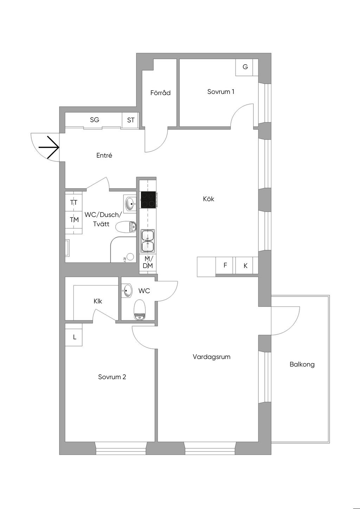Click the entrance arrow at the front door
49,147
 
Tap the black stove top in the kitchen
148,200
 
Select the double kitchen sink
148,241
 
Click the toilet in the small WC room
140,310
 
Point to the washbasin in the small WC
127,291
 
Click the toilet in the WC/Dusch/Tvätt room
126,227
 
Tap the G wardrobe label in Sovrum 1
245,67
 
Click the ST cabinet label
131,120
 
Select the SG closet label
95,120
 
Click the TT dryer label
74,202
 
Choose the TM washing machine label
75,220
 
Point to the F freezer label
225,265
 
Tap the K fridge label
246,266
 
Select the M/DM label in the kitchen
148,262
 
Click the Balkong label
302,365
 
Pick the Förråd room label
160,92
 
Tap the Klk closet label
98,301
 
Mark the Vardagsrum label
212,357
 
